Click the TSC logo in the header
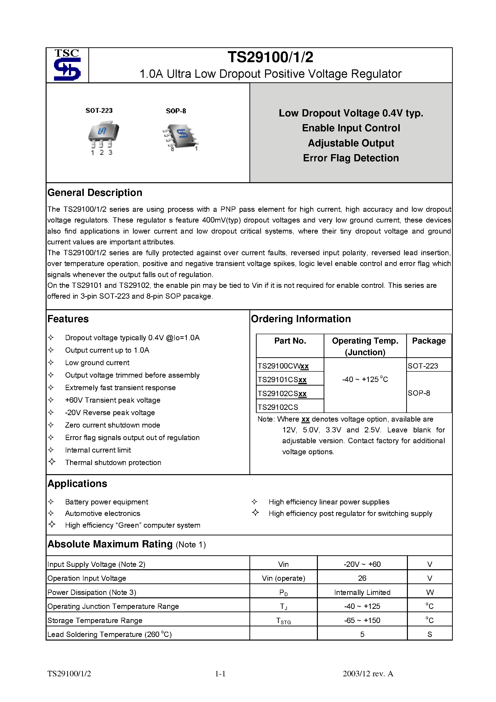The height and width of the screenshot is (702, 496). pyautogui.click(x=67, y=65)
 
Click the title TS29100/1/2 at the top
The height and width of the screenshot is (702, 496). pyautogui.click(x=270, y=57)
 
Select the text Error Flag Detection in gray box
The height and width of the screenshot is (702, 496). pyautogui.click(x=351, y=158)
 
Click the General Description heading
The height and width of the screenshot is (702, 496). pyautogui.click(x=95, y=193)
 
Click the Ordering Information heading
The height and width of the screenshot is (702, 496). pyautogui.click(x=301, y=319)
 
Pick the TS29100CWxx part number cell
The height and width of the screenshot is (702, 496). pyautogui.click(x=283, y=366)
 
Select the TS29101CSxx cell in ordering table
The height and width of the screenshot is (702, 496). pyautogui.click(x=282, y=380)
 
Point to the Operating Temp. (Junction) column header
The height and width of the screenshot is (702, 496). pyautogui.click(x=365, y=346)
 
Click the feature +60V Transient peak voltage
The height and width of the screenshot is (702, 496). pyautogui.click(x=113, y=400)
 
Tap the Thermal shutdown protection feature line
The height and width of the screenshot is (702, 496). pyautogui.click(x=113, y=463)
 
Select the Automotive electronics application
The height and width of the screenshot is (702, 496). pyautogui.click(x=103, y=513)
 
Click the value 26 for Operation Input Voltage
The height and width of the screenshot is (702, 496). pyautogui.click(x=362, y=578)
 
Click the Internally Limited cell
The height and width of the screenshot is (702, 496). pyautogui.click(x=362, y=593)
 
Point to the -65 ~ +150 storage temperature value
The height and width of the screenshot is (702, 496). pyautogui.click(x=362, y=620)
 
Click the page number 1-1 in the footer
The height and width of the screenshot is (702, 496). pyautogui.click(x=220, y=674)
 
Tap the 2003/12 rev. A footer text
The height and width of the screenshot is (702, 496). pyautogui.click(x=368, y=674)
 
